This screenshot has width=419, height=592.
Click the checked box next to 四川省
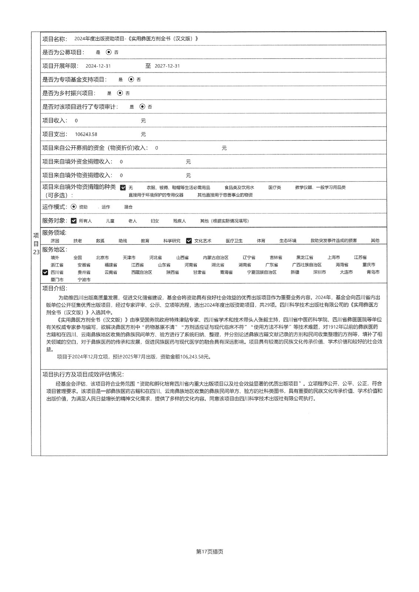tap(45, 272)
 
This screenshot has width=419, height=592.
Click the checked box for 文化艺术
tap(189, 240)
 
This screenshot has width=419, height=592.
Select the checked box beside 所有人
tap(74, 221)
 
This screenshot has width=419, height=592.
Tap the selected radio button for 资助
tap(74, 207)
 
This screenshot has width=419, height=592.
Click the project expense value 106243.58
tap(86, 134)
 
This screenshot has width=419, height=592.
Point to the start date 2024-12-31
tap(98, 66)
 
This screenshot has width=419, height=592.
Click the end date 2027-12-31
tap(167, 66)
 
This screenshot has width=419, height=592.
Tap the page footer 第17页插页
tap(209, 552)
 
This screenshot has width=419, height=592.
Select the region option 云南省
tap(110, 272)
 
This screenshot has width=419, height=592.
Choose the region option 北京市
tap(102, 258)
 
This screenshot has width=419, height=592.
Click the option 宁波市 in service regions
tap(84, 280)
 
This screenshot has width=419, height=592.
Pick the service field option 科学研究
tap(172, 241)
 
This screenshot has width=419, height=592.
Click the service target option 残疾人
tap(179, 221)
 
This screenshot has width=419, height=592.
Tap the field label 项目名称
tap(54, 39)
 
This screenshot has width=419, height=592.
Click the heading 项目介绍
tap(54, 289)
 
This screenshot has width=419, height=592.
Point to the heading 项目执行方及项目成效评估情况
tap(83, 374)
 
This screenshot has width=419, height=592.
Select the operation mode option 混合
tap(128, 207)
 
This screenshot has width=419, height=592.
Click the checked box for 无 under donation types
tap(123, 188)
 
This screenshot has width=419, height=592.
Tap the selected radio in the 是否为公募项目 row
tap(109, 52)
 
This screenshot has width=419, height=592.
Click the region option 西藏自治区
tap(142, 272)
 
